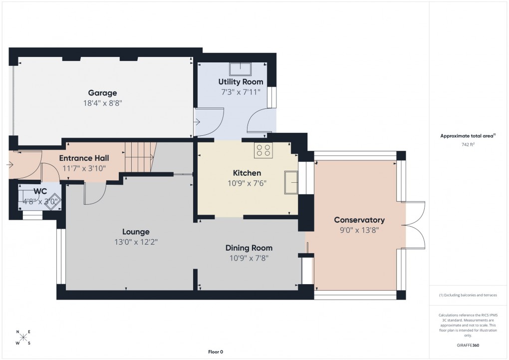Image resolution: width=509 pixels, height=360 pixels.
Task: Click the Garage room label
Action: pyautogui.click(x=102, y=93)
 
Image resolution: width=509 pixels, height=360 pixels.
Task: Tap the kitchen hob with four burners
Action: pyautogui.click(x=263, y=150)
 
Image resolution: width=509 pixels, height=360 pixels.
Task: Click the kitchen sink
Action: pyautogui.click(x=290, y=182)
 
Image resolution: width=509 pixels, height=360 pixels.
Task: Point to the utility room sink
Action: pyautogui.click(x=241, y=68)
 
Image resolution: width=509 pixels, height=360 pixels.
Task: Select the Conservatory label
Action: pyautogui.click(x=359, y=220)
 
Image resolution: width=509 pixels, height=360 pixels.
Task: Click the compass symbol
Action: pyautogui.click(x=23, y=338)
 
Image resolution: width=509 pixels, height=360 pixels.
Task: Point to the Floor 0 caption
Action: pyautogui.click(x=216, y=352)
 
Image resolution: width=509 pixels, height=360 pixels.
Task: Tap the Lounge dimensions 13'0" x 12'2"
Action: pyautogui.click(x=136, y=242)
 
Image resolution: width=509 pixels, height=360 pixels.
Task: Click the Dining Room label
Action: pyautogui.click(x=249, y=248)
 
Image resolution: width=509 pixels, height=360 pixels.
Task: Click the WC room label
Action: pyautogui.click(x=40, y=191)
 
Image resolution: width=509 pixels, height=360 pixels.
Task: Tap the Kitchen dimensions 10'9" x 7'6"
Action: pyautogui.click(x=248, y=183)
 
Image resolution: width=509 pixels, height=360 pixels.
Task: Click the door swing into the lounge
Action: pyautogui.click(x=95, y=195)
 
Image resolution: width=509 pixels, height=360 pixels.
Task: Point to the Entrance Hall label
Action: pyautogui.click(x=84, y=158)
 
